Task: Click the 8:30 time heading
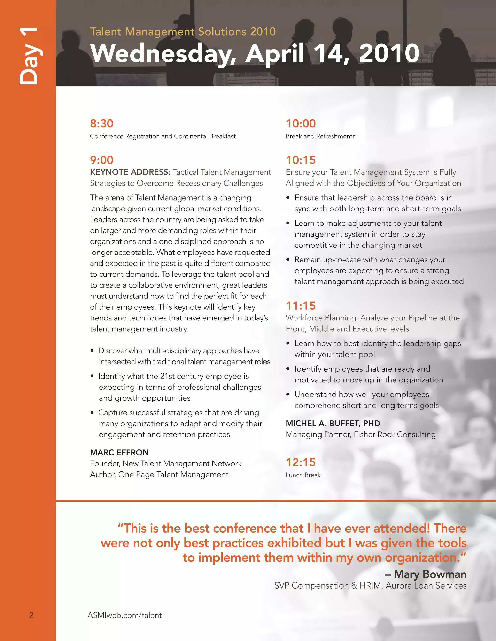pos(102,124)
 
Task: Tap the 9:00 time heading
pos(102,160)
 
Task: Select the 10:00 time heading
pos(301,124)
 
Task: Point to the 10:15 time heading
pos(301,160)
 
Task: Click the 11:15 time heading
pos(301,306)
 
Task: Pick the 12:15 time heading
pos(301,462)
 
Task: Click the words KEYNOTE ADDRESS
pos(130,172)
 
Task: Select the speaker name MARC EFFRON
pos(119,452)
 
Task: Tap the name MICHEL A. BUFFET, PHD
pos(333,423)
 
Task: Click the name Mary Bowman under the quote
pos(430,574)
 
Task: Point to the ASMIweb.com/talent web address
pos(124,615)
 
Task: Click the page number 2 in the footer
pos(31,615)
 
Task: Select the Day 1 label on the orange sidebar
pos(29,56)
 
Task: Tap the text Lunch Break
pos(303,475)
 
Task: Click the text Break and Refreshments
pos(320,136)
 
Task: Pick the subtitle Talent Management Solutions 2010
pos(183,31)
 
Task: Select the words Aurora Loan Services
pos(426,586)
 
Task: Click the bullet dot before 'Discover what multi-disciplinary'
pos(92,351)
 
